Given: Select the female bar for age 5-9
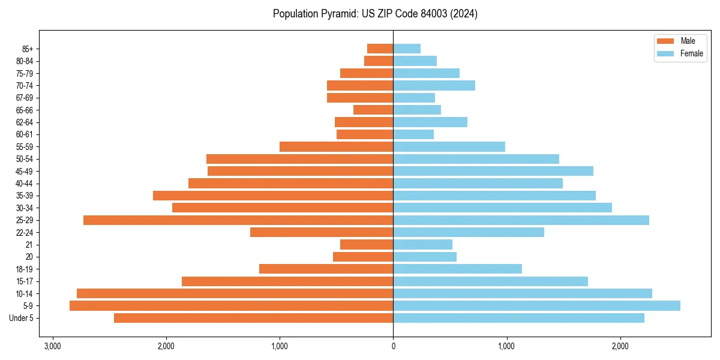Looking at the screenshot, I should click(x=536, y=306).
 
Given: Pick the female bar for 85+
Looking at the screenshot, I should click(x=407, y=49).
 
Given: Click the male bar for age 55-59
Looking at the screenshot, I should click(x=336, y=147).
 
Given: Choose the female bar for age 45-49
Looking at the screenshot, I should click(x=493, y=171).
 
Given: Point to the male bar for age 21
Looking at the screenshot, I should click(x=367, y=245).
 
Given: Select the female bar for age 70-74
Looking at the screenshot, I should click(x=434, y=86).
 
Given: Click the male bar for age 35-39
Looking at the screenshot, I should click(x=273, y=196).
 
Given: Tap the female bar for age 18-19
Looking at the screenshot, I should click(x=457, y=269).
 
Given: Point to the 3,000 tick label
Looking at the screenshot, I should click(x=52, y=346).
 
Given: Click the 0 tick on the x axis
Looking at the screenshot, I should click(x=393, y=346).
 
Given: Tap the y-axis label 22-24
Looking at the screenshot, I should click(x=25, y=233).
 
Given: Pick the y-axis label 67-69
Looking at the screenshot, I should click(x=25, y=98).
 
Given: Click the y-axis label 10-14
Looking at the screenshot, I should click(x=25, y=294).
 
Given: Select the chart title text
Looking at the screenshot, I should click(x=375, y=14).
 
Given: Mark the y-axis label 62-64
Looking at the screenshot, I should click(x=25, y=122).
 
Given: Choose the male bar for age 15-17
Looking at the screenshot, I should click(x=287, y=281).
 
